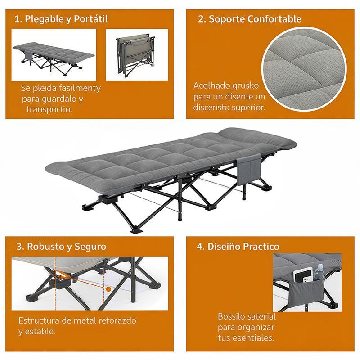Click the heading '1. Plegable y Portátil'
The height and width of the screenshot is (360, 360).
61,19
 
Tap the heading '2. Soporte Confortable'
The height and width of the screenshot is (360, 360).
250,19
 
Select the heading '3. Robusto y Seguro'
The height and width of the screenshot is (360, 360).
61,247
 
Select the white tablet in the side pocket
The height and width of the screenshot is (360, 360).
302,275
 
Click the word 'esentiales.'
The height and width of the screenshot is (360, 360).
253,338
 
